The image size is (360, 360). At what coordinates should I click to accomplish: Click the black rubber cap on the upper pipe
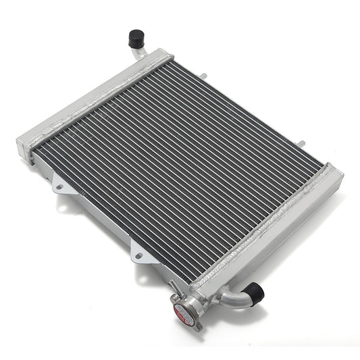pyautogui.click(x=138, y=37)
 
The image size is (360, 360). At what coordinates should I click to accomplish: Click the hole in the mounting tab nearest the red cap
pyautogui.click(x=139, y=256)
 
